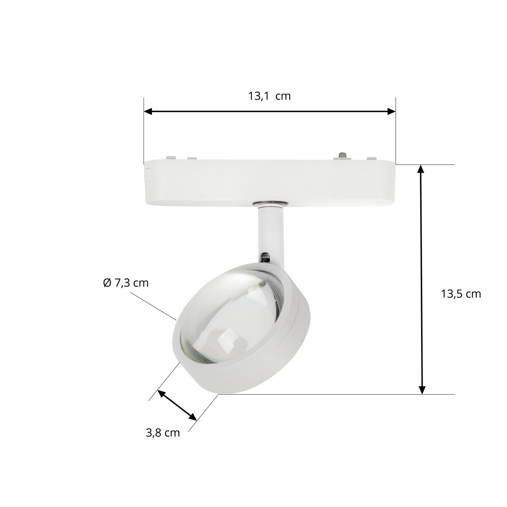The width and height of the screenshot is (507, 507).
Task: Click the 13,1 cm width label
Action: pos(269,96)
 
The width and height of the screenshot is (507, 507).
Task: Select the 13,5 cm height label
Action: pos(460,294)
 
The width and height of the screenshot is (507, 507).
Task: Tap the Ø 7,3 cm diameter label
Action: pos(126,283)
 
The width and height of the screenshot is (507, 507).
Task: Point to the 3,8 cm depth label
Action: pos(163,433)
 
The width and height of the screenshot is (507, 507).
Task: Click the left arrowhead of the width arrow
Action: pos(148,112)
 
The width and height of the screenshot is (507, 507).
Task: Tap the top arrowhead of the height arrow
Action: pos(421,169)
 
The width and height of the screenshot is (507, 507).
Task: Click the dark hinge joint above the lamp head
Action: pos(265,258)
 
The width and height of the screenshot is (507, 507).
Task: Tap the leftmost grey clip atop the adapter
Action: pos(170,158)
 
